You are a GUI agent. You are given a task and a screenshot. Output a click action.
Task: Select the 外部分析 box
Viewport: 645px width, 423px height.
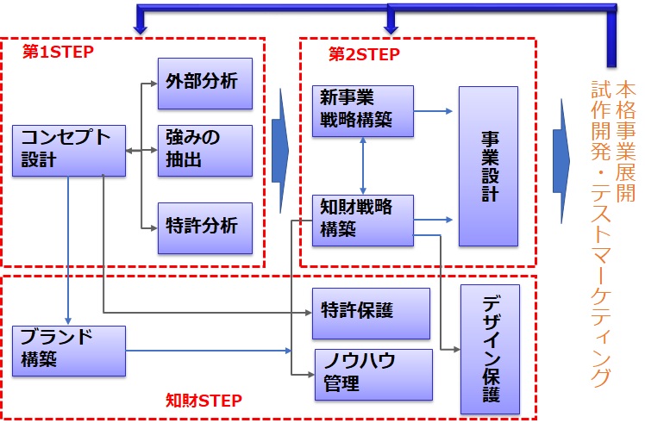click(x=204, y=83)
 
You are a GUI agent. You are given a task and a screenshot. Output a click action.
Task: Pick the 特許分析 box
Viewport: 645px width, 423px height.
click(x=204, y=227)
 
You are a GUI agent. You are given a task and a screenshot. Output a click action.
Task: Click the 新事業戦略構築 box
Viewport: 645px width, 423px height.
click(x=362, y=109)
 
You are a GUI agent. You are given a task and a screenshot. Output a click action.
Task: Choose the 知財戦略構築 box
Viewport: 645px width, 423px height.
click(x=362, y=219)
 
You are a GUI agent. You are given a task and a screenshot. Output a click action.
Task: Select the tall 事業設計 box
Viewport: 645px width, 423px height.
click(x=488, y=165)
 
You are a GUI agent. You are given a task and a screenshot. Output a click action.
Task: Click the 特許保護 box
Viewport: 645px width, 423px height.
click(x=370, y=312)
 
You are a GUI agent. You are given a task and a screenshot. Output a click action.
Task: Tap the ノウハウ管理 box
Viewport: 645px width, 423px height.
click(x=370, y=372)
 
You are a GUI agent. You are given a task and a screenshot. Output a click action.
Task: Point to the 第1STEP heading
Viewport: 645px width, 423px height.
click(x=58, y=52)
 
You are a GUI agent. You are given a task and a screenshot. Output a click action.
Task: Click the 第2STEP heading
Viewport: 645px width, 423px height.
click(x=364, y=53)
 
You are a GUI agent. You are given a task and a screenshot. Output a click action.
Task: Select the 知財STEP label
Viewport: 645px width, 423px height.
click(x=204, y=400)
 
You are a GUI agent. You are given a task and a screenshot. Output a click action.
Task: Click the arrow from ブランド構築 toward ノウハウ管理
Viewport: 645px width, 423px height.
click(x=207, y=351)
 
